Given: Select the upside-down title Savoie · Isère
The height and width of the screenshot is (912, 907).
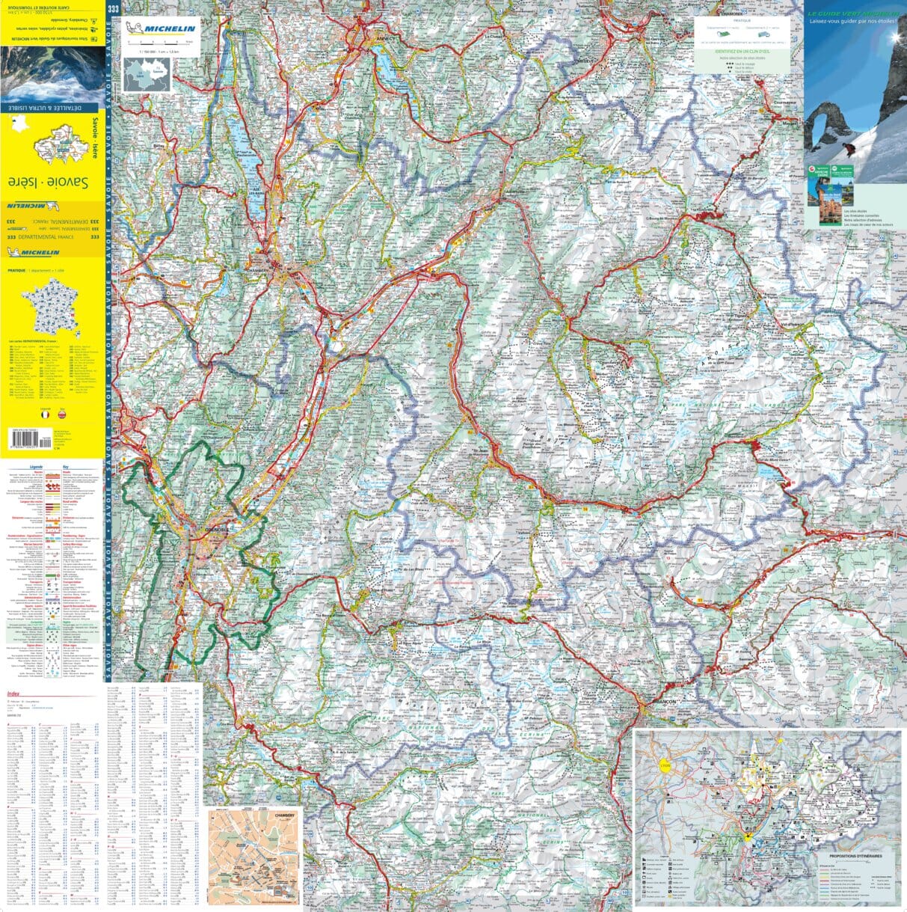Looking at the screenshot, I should click(x=48, y=182).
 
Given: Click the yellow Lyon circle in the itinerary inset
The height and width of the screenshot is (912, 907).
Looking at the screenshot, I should click(x=662, y=765).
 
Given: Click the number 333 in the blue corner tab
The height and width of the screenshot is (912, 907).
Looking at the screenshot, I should click(x=113, y=8).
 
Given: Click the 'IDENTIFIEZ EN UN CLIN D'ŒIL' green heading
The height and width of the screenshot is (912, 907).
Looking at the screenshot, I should click(x=742, y=51).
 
